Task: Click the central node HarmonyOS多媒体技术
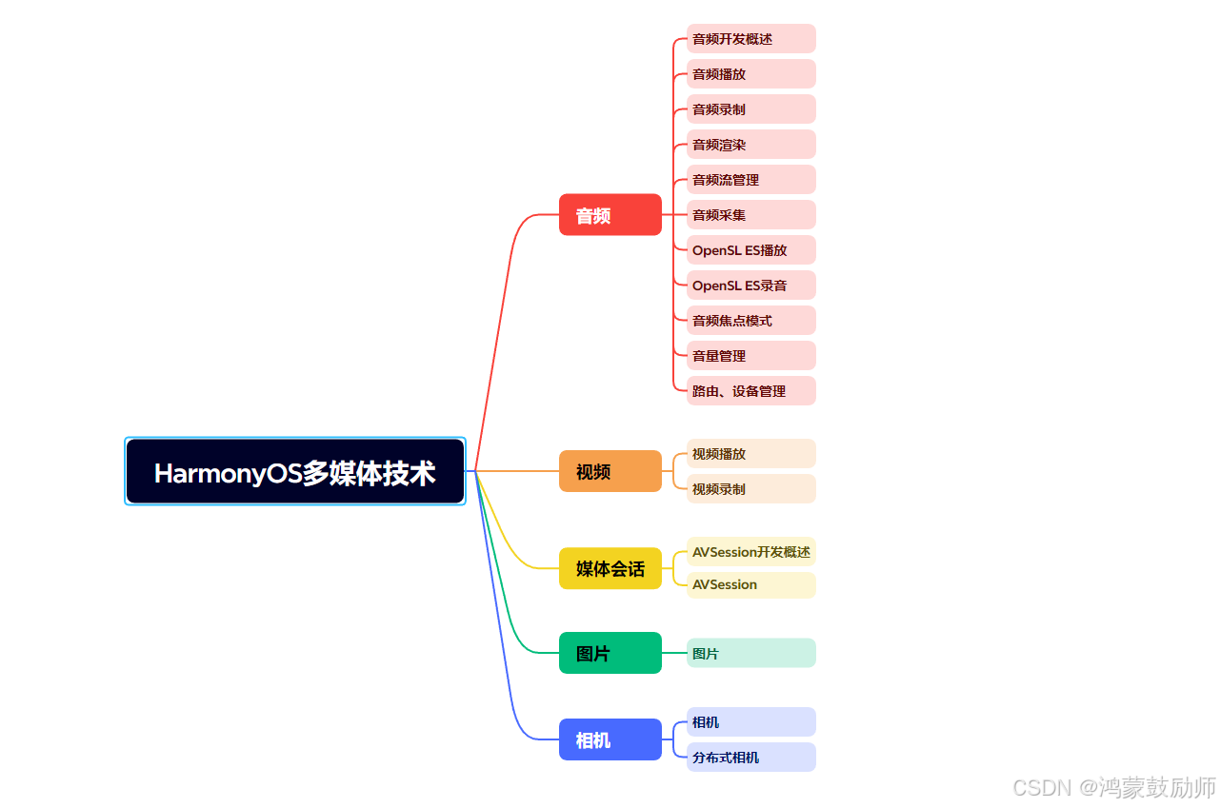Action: [x=295, y=472]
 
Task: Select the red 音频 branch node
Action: [x=610, y=215]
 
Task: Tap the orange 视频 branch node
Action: [x=610, y=471]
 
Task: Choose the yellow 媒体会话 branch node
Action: [x=610, y=568]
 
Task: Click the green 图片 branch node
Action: [x=610, y=653]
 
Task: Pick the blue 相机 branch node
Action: [x=610, y=739]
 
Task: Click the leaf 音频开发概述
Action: [x=750, y=39]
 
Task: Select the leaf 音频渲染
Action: [x=750, y=145]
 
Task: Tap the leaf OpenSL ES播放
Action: [x=750, y=250]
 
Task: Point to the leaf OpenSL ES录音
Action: [x=750, y=286]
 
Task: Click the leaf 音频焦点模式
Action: [x=750, y=321]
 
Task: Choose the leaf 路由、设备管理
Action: [x=750, y=391]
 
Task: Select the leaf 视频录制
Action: [x=750, y=489]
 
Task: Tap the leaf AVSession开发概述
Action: [x=750, y=552]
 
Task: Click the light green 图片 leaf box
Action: [x=750, y=653]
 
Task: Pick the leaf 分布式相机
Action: [x=750, y=758]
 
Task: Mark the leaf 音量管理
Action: [x=750, y=356]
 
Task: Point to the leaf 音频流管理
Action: [x=750, y=180]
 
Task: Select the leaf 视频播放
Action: [x=750, y=454]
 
